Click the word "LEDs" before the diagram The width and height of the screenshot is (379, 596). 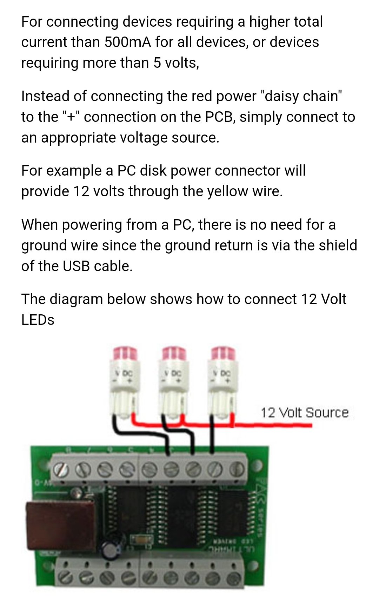[x=38, y=320]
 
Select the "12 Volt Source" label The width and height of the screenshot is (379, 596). [x=304, y=412]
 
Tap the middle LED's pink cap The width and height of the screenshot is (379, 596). [x=173, y=353]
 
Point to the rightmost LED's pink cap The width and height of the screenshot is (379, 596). [x=223, y=353]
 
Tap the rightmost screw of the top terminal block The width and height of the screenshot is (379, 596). [x=238, y=469]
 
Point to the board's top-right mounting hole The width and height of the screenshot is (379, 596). [x=258, y=466]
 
